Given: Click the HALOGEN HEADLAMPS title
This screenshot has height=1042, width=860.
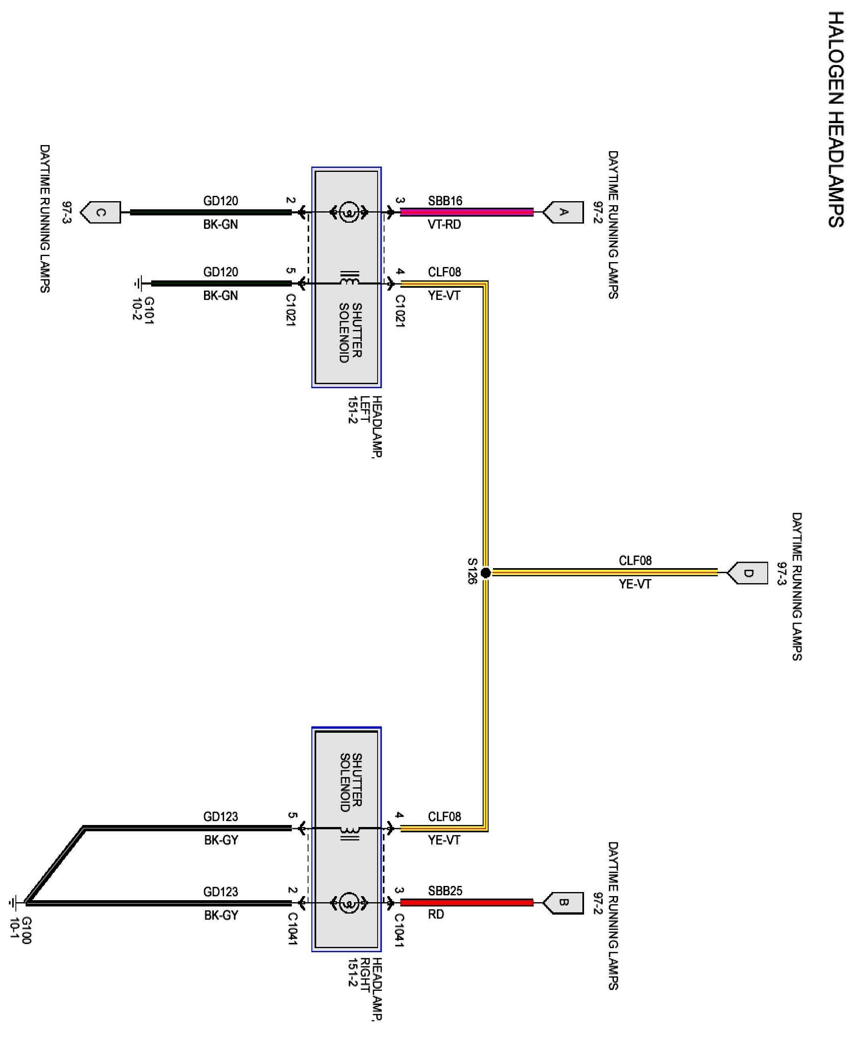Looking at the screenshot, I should point(836,119).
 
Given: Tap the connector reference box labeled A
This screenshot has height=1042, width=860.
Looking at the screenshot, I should point(564,213).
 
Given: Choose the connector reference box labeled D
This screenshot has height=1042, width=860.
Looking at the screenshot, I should point(749,573).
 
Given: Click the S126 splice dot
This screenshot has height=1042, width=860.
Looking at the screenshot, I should point(486,573).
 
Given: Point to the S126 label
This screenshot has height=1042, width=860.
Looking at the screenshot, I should point(472,571).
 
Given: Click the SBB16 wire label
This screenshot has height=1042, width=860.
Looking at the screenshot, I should point(445,201).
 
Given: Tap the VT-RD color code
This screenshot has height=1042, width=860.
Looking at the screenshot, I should point(444,224).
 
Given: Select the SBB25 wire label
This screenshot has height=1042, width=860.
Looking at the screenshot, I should point(445,891).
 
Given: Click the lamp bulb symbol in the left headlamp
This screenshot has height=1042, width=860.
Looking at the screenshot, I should point(349,213).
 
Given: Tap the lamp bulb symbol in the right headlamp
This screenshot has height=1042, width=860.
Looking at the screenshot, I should point(349,903).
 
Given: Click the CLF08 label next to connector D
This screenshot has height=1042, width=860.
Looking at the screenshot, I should point(635,560).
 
